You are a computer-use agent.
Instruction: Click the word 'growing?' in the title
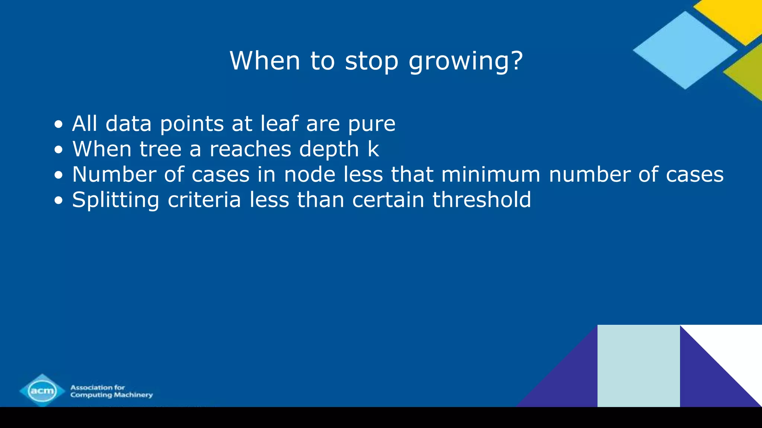click(466, 61)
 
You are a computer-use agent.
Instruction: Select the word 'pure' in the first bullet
click(372, 124)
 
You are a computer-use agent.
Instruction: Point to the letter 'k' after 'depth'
click(373, 149)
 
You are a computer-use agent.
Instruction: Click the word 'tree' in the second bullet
click(160, 149)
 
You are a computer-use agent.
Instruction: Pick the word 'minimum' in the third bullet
click(491, 174)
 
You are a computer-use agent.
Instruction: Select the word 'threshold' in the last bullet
click(481, 200)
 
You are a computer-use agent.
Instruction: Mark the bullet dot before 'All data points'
click(58, 124)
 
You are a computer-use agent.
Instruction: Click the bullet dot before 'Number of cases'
click(58, 175)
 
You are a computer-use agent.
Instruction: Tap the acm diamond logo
click(42, 390)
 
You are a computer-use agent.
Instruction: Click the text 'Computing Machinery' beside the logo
click(112, 395)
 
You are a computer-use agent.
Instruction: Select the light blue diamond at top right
click(685, 50)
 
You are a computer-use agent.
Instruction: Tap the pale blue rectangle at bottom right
click(638, 366)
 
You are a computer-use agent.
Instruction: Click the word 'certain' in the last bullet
click(388, 200)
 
